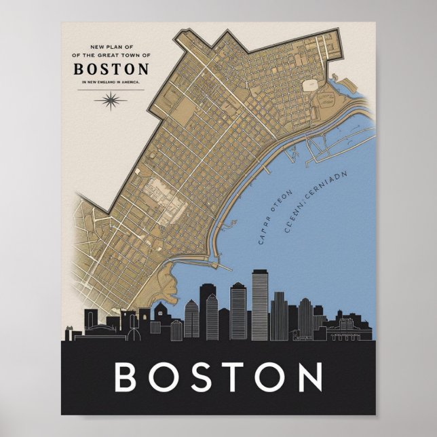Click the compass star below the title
(x=109, y=101)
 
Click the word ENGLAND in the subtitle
(x=106, y=81)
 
